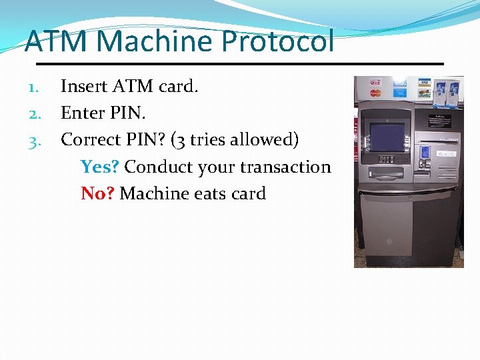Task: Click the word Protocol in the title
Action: coord(277,42)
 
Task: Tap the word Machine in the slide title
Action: coord(157,42)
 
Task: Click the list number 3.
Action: coord(35,141)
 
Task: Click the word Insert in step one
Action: coord(83,86)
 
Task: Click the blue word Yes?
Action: coord(100,167)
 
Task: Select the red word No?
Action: coord(98,193)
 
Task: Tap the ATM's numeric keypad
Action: coord(387,159)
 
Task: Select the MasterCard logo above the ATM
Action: coord(375,93)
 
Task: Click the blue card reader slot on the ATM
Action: coord(425,152)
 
